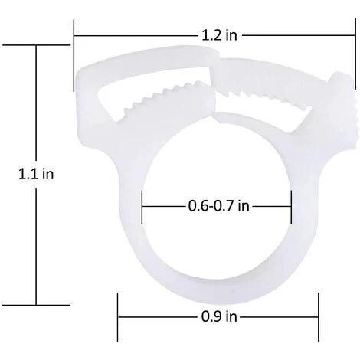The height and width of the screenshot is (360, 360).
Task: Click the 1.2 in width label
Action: coord(219,35)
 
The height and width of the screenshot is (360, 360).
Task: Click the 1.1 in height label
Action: coord(36,175)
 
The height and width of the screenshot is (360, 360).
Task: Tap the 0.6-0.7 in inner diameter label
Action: coord(218,206)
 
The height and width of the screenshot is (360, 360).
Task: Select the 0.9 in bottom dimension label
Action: coord(219,317)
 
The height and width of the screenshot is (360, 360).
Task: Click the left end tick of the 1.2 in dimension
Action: coord(74,55)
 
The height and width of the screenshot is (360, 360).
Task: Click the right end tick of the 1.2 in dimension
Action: coord(355,54)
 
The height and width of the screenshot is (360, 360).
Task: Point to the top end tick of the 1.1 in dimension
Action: coord(36,45)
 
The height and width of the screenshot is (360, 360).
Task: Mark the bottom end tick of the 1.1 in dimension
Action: coord(36,305)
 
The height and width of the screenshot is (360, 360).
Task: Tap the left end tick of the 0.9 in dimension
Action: coord(118,317)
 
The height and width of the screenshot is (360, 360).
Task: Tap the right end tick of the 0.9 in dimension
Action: coord(319,317)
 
